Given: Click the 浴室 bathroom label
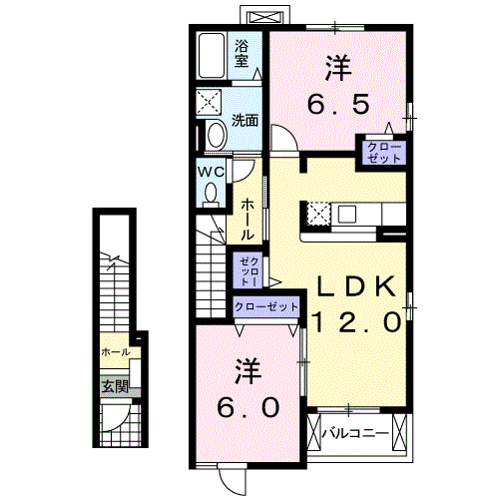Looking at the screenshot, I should [x=243, y=53].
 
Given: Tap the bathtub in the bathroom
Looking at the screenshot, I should [x=212, y=54].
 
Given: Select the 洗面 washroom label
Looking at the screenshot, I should [x=246, y=120].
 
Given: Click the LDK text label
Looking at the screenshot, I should [x=357, y=287].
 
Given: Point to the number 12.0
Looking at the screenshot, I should [x=357, y=321].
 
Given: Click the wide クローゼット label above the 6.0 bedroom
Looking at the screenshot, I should [x=266, y=307].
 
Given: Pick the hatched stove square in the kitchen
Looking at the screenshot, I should [x=318, y=213].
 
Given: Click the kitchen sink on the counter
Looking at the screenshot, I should [x=352, y=213].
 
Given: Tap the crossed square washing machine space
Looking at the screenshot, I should [x=212, y=102].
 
